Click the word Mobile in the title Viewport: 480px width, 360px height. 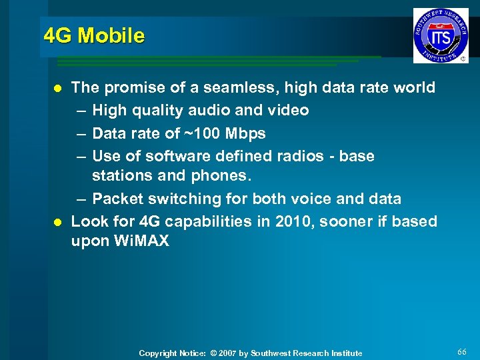pos(111,35)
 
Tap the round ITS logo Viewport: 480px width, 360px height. pos(440,35)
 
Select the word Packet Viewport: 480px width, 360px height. pos(117,199)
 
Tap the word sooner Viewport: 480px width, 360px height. pos(342,221)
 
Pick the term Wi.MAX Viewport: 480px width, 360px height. pos(142,241)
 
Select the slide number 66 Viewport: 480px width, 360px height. pos(463,351)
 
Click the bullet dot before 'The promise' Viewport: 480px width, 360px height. pos(58,88)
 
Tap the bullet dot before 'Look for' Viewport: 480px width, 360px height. pos(58,221)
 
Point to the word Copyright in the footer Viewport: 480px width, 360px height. pos(157,353)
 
